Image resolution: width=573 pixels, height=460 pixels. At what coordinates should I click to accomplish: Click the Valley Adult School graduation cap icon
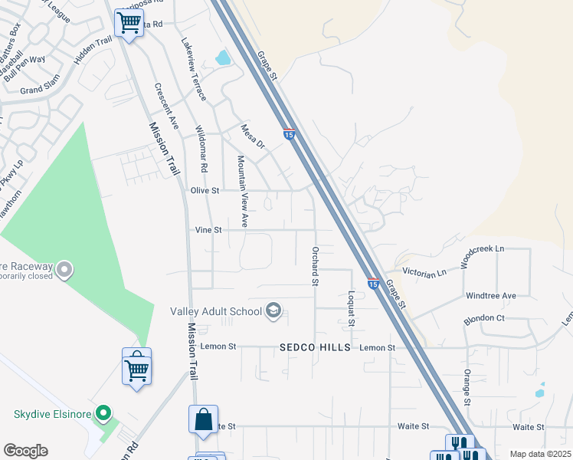click(x=273, y=310)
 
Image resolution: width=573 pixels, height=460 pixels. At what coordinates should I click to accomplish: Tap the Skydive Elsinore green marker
click(x=103, y=415)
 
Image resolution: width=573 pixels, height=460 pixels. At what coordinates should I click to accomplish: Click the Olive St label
click(x=205, y=190)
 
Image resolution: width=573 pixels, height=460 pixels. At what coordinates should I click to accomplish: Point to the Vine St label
click(x=208, y=229)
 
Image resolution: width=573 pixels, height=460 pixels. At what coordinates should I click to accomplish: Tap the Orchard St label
click(x=314, y=266)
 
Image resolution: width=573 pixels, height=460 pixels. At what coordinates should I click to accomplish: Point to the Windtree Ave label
click(x=491, y=295)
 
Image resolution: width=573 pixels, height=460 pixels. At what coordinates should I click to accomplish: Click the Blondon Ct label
click(x=484, y=317)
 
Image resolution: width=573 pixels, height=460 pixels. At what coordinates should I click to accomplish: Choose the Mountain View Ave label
click(x=242, y=192)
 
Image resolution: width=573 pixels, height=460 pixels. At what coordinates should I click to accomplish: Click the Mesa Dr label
click(x=252, y=136)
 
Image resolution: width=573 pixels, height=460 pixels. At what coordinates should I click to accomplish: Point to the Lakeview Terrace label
click(x=194, y=70)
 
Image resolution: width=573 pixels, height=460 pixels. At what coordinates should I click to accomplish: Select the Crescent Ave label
click(x=166, y=106)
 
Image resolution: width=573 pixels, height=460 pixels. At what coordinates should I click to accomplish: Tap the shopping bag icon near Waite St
click(x=204, y=420)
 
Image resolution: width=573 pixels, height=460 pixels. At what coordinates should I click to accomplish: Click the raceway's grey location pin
click(x=64, y=269)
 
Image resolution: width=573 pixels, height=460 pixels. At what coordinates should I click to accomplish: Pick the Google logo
click(x=25, y=451)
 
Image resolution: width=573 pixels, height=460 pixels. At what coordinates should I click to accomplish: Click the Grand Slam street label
click(x=41, y=90)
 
